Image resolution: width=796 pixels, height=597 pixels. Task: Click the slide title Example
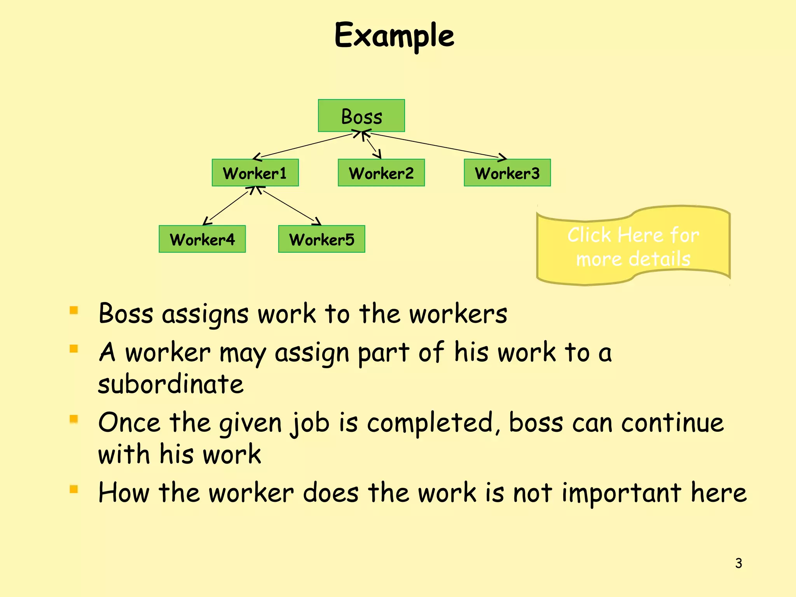point(394,36)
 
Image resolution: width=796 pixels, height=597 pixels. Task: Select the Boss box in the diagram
point(361,116)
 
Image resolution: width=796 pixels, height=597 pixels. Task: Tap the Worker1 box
point(255,173)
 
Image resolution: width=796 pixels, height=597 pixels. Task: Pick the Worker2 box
point(381,173)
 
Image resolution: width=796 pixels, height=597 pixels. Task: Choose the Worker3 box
point(507,173)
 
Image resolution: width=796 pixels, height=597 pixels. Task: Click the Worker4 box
point(202,239)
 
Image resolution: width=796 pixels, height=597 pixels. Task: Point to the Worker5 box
point(321,239)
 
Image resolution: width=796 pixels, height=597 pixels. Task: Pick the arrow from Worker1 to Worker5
point(290,206)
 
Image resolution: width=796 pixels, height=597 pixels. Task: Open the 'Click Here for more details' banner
point(633,246)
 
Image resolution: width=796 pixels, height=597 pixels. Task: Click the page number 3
point(738,563)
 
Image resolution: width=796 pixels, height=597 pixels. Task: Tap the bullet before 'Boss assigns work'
point(74,311)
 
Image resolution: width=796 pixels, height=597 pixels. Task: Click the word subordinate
point(171,384)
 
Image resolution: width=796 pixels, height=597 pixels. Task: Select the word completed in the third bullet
point(429,423)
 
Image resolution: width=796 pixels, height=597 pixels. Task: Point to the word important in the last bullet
point(621,493)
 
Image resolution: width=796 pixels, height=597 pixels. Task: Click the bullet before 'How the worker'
point(74,489)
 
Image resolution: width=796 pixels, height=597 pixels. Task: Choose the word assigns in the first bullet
point(205,314)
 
